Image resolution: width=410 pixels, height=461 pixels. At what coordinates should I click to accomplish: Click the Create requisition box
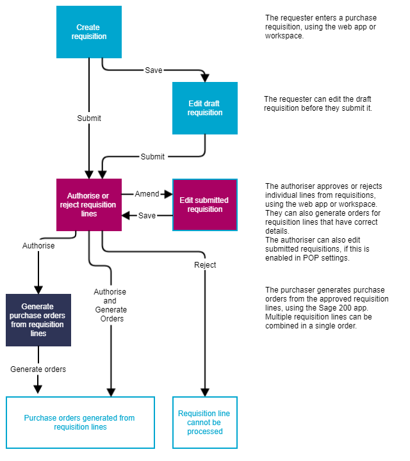pyautogui.click(x=89, y=32)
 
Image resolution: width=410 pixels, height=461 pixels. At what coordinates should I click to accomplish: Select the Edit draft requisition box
pyautogui.click(x=205, y=108)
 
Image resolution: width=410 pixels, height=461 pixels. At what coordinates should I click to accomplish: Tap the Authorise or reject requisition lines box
pyautogui.click(x=89, y=204)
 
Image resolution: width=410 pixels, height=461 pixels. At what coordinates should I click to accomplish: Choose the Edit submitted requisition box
pyautogui.click(x=205, y=204)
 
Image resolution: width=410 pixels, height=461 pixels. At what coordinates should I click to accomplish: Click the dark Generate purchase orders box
pyautogui.click(x=38, y=320)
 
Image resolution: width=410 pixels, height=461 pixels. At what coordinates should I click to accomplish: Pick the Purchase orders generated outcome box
pyautogui.click(x=80, y=423)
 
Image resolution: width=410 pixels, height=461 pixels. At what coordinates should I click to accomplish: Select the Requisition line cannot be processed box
pyautogui.click(x=205, y=423)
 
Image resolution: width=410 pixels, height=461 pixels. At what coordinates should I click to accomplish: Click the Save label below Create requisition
pyautogui.click(x=154, y=70)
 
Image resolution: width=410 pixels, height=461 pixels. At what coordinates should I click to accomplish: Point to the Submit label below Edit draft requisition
pyautogui.click(x=152, y=156)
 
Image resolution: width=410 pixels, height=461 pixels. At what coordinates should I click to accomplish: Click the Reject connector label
pyautogui.click(x=205, y=264)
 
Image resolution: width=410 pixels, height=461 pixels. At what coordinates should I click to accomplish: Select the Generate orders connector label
pyautogui.click(x=38, y=369)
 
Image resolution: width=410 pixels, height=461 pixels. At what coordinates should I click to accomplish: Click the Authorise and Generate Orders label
pyautogui.click(x=111, y=305)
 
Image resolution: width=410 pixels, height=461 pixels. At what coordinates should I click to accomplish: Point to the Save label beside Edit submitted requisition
pyautogui.click(x=147, y=216)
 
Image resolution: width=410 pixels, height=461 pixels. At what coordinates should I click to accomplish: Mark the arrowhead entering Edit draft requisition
pyautogui.click(x=205, y=78)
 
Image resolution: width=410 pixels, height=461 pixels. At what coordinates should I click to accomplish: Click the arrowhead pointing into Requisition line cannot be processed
pyautogui.click(x=205, y=392)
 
